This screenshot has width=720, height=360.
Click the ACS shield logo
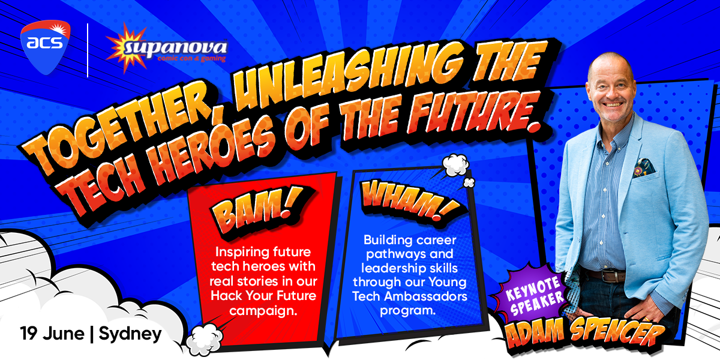[46, 47]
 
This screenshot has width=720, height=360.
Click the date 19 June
[52, 334]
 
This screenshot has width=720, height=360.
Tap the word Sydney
[130, 334]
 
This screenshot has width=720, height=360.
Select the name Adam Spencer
[584, 334]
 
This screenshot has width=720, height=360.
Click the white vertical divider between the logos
[88, 50]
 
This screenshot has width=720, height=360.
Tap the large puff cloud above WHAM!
[455, 165]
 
